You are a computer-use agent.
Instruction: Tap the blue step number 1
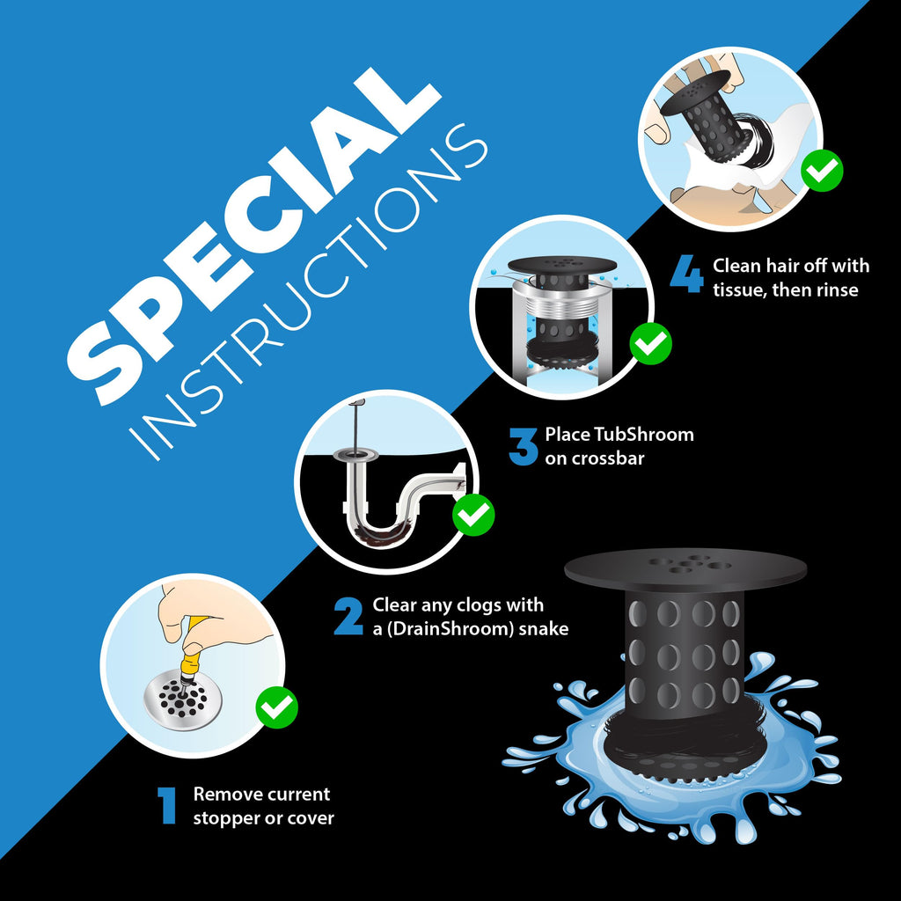point(166,806)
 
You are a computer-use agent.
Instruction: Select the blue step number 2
point(348,616)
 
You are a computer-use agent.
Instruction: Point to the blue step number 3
point(523,446)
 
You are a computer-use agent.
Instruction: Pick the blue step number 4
point(686,275)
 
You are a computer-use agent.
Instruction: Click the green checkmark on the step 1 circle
point(276,707)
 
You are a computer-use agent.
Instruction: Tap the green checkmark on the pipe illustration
point(472,514)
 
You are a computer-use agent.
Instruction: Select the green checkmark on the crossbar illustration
point(650,343)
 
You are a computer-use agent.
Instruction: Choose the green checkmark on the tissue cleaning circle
point(822,170)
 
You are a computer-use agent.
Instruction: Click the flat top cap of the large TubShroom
point(685,569)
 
